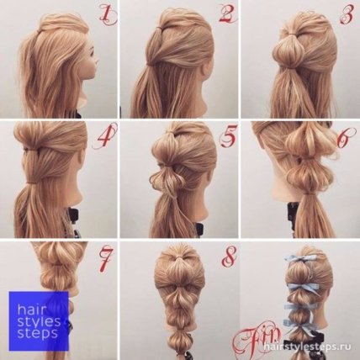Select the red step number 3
[x=347, y=13]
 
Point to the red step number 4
[x=106, y=137]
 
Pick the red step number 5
[x=227, y=137]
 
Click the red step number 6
[x=347, y=137]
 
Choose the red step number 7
[x=105, y=258]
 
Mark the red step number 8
[x=229, y=258]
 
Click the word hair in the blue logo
[x=28, y=310]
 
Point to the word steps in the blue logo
[x=37, y=334]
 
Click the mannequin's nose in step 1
[x=97, y=58]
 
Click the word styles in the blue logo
[x=39, y=321]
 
